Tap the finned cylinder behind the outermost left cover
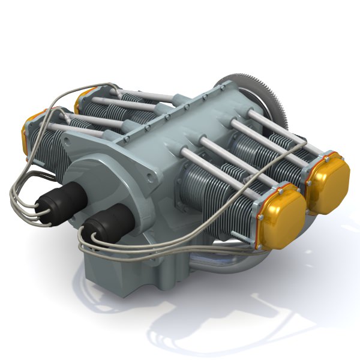(x=51, y=144)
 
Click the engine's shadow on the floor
(x=240, y=318)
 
